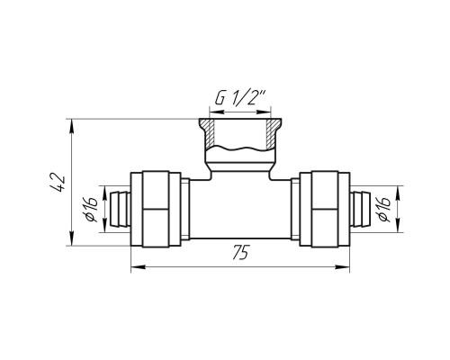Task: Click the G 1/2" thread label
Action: [240, 97]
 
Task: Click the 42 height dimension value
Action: [57, 183]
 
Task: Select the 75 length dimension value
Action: [240, 253]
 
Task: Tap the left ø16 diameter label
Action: [92, 209]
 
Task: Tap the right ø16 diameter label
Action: [384, 209]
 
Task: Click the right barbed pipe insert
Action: [360, 209]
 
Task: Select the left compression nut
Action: [156, 209]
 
